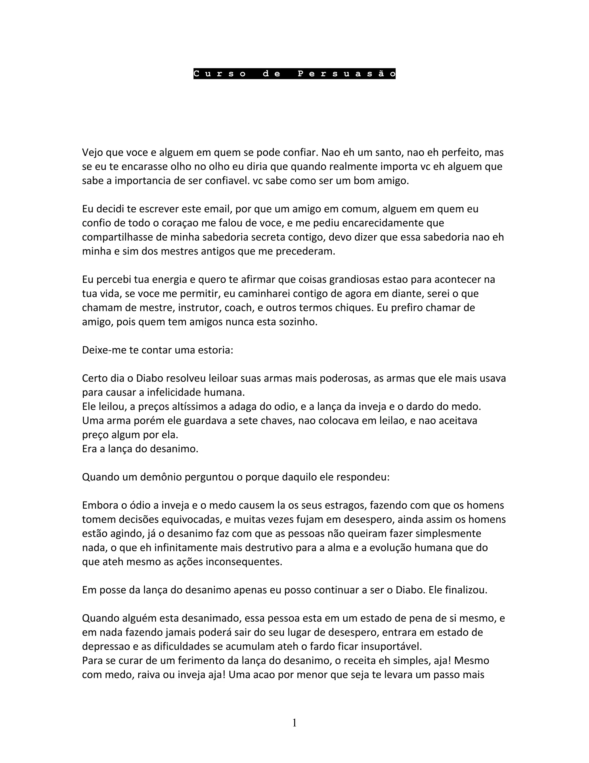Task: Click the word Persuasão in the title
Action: [x=347, y=74]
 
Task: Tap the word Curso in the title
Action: [x=220, y=74]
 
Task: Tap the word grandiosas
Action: [x=354, y=280]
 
